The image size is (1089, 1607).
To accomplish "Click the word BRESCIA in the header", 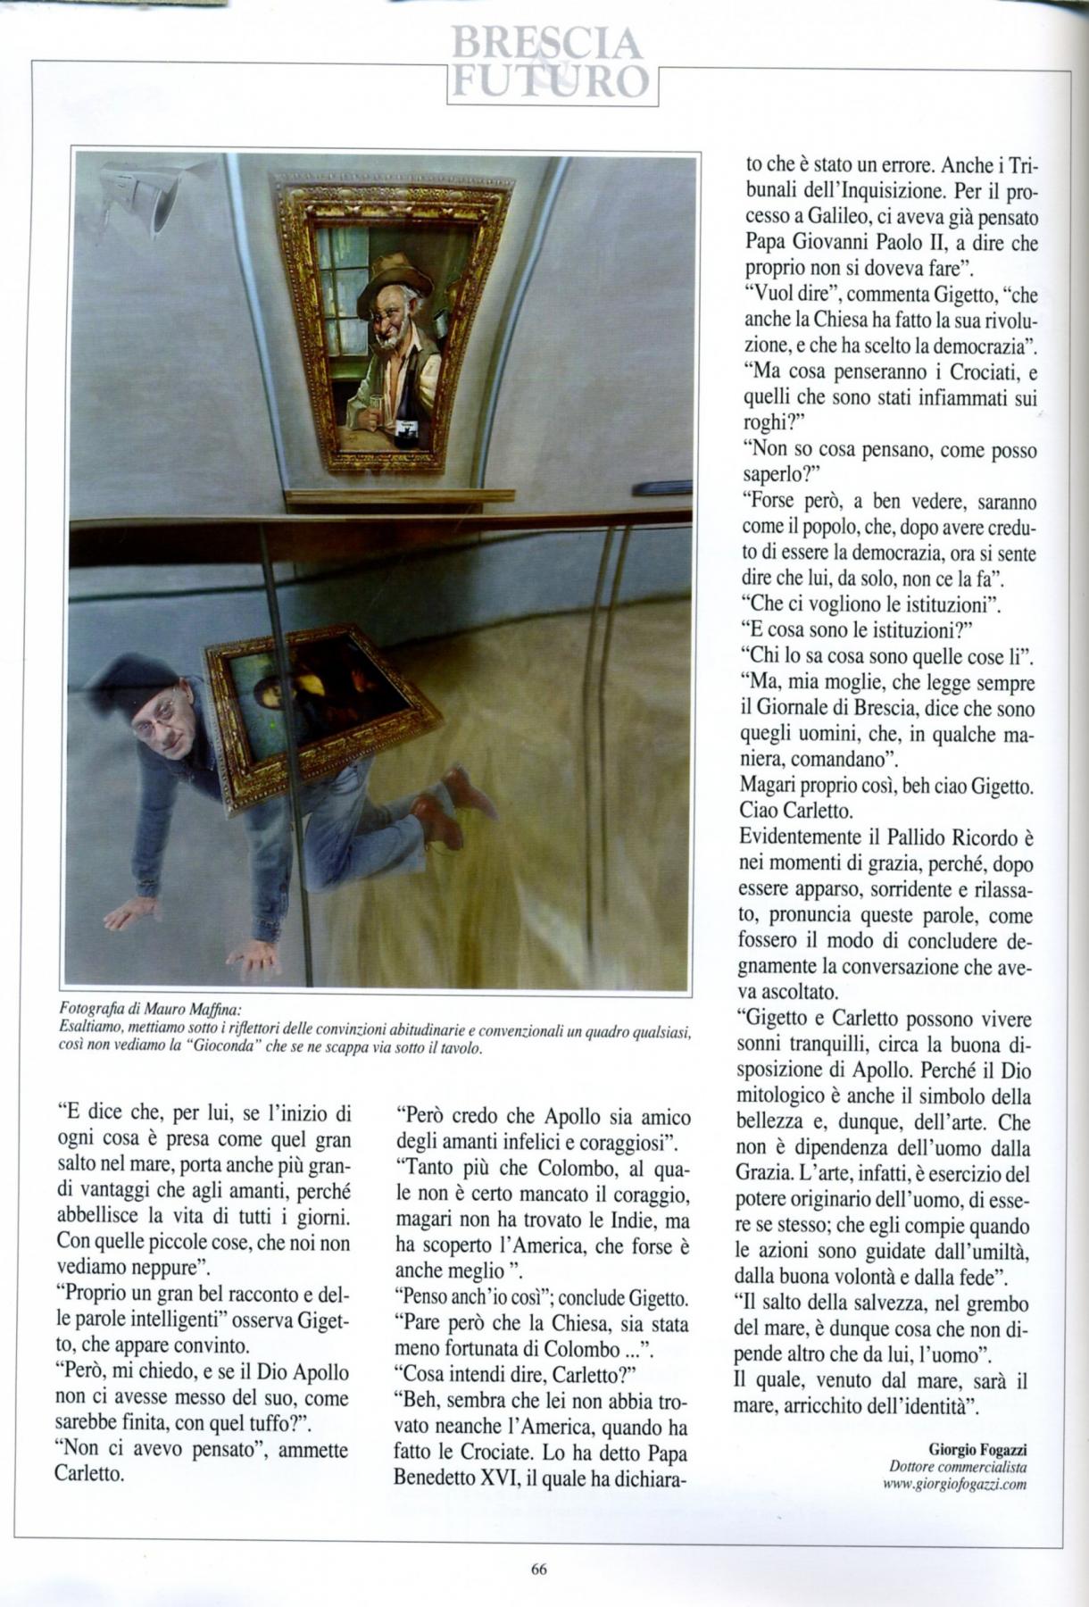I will point(546,43).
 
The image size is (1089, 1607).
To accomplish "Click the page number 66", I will point(538,1570).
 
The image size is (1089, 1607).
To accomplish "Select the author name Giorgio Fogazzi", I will point(977,1448).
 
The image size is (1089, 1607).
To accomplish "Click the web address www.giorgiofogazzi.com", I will point(953,1484).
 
